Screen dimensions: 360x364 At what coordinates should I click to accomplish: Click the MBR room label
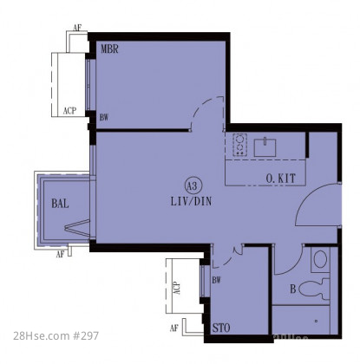coord(109,49)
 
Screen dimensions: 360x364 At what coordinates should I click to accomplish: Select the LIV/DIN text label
coord(191,201)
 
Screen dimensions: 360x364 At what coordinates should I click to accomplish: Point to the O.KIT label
coord(281,179)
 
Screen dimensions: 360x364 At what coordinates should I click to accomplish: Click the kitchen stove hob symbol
coord(239,145)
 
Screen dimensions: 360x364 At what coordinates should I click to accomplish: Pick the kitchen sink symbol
coord(265,147)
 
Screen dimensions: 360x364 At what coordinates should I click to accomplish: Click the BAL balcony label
coord(60,204)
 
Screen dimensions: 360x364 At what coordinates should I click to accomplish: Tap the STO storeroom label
coord(221,328)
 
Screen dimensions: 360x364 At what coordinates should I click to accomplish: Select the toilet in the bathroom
coord(314,289)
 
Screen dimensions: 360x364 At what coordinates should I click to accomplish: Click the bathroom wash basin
coord(320,259)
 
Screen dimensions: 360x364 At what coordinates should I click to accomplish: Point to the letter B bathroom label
coord(292,289)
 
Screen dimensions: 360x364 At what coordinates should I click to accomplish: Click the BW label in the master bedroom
coord(104,118)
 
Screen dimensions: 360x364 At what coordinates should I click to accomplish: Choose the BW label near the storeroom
coord(216,280)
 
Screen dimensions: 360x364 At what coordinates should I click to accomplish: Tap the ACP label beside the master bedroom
coord(69,111)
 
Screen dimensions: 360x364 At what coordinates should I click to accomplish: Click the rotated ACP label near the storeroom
coord(177,289)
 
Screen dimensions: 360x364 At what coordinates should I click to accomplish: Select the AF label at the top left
coord(77,28)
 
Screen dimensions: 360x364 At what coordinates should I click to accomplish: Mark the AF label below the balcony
coord(60,255)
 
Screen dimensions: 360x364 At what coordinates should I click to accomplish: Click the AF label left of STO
coord(173,328)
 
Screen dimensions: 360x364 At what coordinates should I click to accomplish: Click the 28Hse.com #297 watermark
coord(56,336)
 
